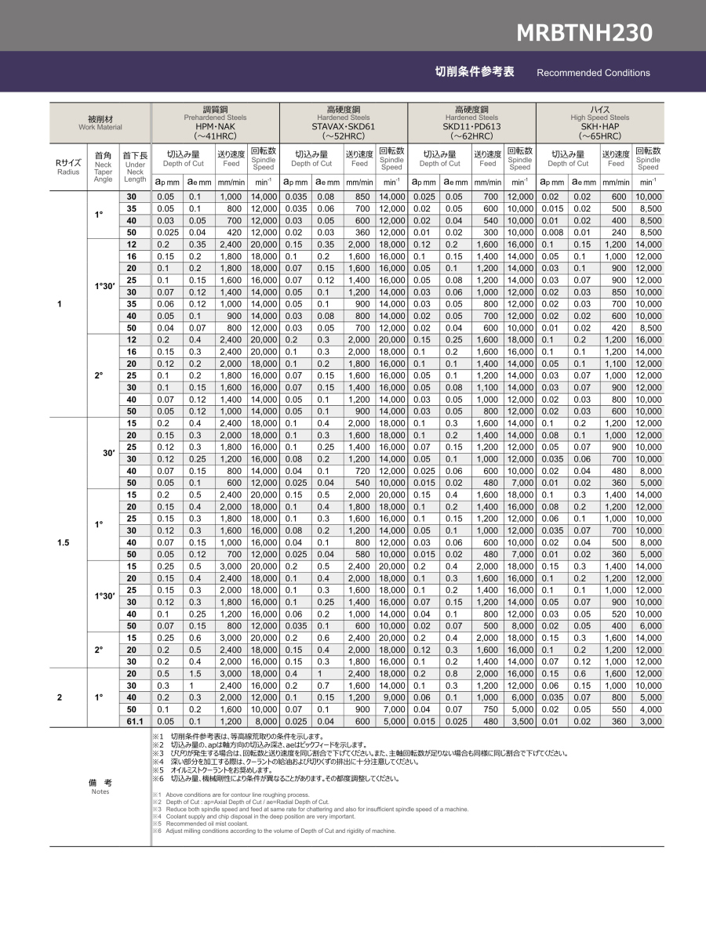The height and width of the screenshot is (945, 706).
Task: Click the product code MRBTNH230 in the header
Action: pyautogui.click(x=584, y=33)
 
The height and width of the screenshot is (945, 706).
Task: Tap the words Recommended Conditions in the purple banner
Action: pyautogui.click(x=593, y=73)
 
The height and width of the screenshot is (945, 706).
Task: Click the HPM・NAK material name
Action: pyautogui.click(x=215, y=126)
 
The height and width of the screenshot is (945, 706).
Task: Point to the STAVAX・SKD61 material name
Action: pyautogui.click(x=344, y=126)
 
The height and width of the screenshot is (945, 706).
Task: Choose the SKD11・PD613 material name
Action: pyautogui.click(x=471, y=126)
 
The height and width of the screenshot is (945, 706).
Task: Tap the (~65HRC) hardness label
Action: pyautogui.click(x=600, y=136)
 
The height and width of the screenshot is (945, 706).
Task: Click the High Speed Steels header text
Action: pyautogui.click(x=600, y=118)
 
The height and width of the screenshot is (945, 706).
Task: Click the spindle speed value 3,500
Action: pyautogui.click(x=519, y=721)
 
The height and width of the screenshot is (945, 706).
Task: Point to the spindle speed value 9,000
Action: pyautogui.click(x=391, y=697)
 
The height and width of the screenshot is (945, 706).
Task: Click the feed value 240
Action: pyautogui.click(x=616, y=232)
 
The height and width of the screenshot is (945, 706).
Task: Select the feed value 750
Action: pyautogui.click(x=488, y=709)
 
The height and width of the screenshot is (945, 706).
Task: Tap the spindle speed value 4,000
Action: pyautogui.click(x=648, y=709)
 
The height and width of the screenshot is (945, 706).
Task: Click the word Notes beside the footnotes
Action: pyautogui.click(x=100, y=791)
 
